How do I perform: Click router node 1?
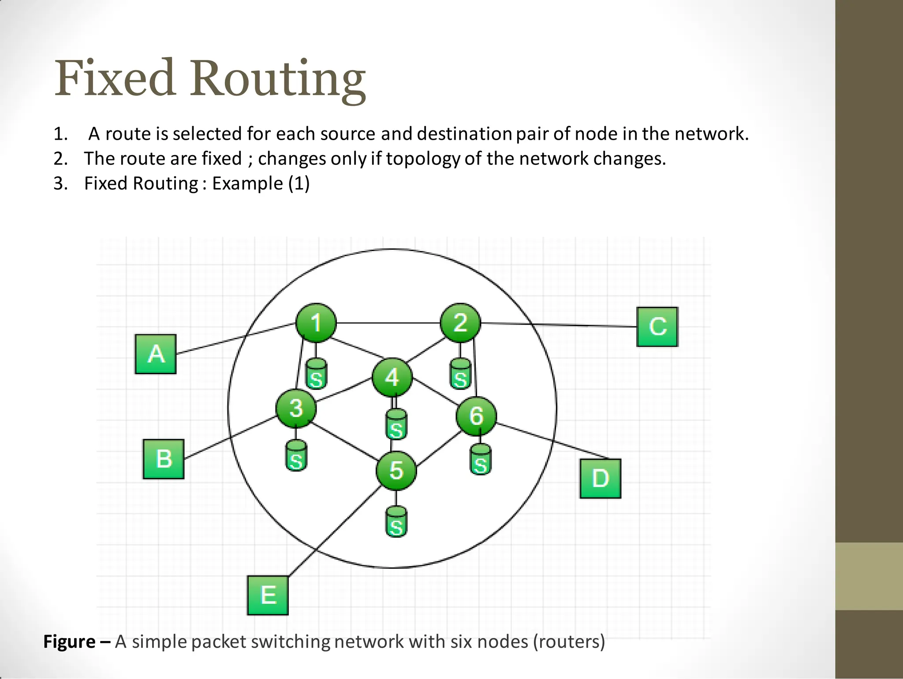(316, 323)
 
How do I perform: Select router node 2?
(460, 323)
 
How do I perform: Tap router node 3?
(296, 408)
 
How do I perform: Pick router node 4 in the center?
(392, 378)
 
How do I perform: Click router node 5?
(396, 470)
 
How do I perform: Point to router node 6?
(476, 416)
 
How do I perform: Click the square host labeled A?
(156, 354)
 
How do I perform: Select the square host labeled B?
(164, 459)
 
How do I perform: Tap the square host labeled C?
(657, 327)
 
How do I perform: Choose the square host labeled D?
(600, 479)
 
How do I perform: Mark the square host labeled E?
(268, 595)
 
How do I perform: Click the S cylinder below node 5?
(396, 522)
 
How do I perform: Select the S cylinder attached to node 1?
(316, 374)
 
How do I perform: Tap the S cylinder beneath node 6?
(480, 460)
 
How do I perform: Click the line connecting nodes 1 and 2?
(388, 323)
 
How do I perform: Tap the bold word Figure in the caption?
(69, 642)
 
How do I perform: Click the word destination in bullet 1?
(464, 134)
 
